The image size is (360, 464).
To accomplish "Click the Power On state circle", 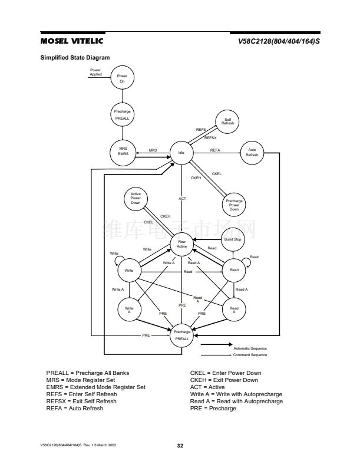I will point(123,78).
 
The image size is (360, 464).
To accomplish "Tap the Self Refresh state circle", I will point(227,122).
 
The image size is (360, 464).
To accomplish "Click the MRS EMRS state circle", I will point(123,152).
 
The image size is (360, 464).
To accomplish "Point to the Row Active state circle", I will point(182,243).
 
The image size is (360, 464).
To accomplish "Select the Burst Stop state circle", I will point(233,239).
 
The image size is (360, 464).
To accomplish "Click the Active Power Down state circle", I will point(135,199).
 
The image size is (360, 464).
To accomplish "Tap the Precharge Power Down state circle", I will point(234,205).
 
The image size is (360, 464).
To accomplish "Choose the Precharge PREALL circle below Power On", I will point(123,115).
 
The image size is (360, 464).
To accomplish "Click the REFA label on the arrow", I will point(215,151).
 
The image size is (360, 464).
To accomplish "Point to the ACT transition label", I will point(182,199).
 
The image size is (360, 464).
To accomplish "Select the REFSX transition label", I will point(210,138).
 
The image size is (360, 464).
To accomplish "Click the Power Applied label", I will point(95,73).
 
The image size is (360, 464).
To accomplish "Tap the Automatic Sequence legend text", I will point(250,349).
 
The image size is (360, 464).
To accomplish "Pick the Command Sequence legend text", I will point(250,355).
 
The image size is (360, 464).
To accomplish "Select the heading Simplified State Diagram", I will point(75,57).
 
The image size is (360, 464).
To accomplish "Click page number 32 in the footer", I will point(180,445).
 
